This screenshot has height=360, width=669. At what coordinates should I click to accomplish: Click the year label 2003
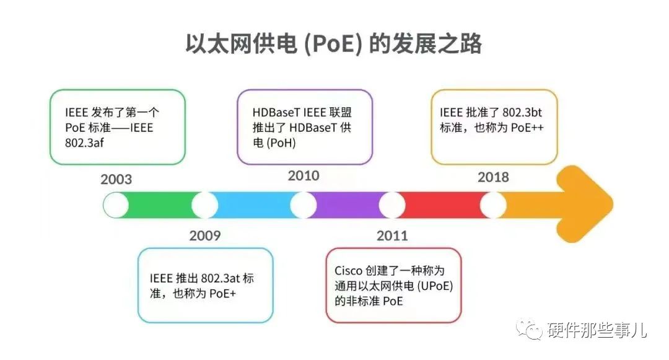click(x=116, y=179)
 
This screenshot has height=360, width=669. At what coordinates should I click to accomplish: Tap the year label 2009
click(x=205, y=235)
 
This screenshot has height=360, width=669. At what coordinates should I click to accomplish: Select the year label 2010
click(x=304, y=175)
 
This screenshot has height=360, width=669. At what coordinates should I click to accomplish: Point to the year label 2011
click(x=392, y=235)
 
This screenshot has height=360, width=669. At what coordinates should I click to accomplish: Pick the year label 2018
click(x=493, y=177)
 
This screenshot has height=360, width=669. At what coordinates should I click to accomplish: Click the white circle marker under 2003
click(x=116, y=205)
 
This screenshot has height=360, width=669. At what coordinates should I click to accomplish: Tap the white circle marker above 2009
click(x=205, y=205)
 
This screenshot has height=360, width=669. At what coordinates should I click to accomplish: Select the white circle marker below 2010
click(x=304, y=205)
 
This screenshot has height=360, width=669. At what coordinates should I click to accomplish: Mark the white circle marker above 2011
click(x=392, y=205)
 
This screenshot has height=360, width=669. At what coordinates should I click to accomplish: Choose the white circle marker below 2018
click(x=493, y=205)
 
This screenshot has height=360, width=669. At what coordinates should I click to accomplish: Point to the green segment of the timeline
click(x=160, y=205)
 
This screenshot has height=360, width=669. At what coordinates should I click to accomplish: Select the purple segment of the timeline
click(x=348, y=205)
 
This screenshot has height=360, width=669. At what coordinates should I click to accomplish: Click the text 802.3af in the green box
click(x=84, y=143)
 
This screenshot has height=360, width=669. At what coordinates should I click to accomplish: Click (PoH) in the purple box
click(x=281, y=143)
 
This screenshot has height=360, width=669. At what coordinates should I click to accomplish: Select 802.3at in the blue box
click(x=220, y=279)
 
